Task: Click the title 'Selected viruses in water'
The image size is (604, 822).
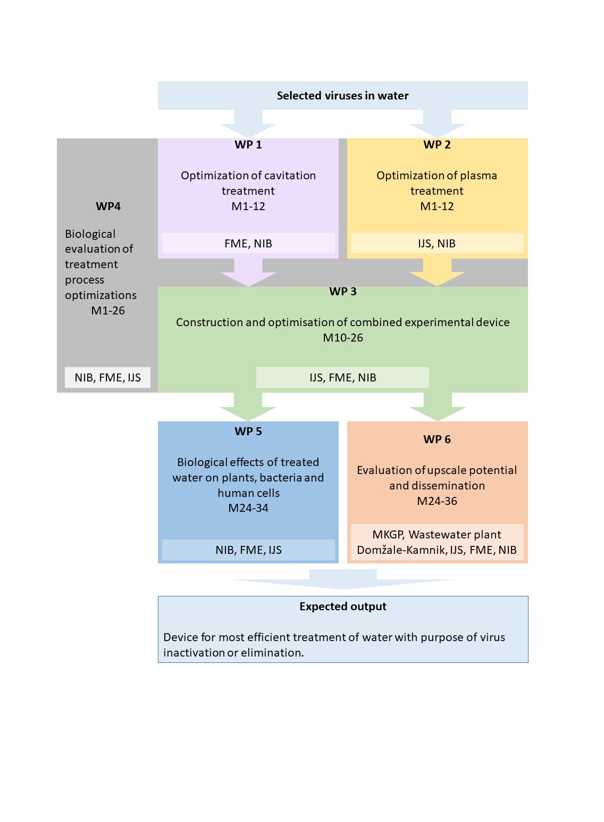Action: tap(342, 96)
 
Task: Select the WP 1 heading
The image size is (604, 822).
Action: tap(248, 145)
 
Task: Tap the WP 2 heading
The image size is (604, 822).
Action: tap(437, 145)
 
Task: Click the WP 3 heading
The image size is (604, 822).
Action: tap(343, 292)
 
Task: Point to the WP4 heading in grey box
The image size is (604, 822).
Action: tap(108, 206)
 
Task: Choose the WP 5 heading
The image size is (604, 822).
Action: tap(248, 431)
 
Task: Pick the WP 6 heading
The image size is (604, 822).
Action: tap(437, 439)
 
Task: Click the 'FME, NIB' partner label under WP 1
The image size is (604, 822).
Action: tap(248, 244)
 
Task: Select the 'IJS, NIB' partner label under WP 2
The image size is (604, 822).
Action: tap(437, 244)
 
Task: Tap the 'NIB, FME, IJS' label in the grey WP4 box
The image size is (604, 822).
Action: tap(107, 378)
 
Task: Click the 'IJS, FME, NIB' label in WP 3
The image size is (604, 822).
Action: tap(343, 378)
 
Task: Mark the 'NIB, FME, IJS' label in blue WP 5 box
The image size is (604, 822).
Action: tap(248, 550)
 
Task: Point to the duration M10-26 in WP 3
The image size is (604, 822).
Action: tap(343, 338)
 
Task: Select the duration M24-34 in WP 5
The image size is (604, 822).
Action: tap(248, 508)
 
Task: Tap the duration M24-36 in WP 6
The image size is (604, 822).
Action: tap(437, 501)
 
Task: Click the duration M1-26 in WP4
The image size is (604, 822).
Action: tap(108, 311)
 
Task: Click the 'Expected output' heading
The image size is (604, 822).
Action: tap(343, 607)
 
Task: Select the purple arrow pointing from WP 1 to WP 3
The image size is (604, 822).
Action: tap(248, 272)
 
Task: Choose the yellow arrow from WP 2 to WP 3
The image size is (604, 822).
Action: tap(437, 272)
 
